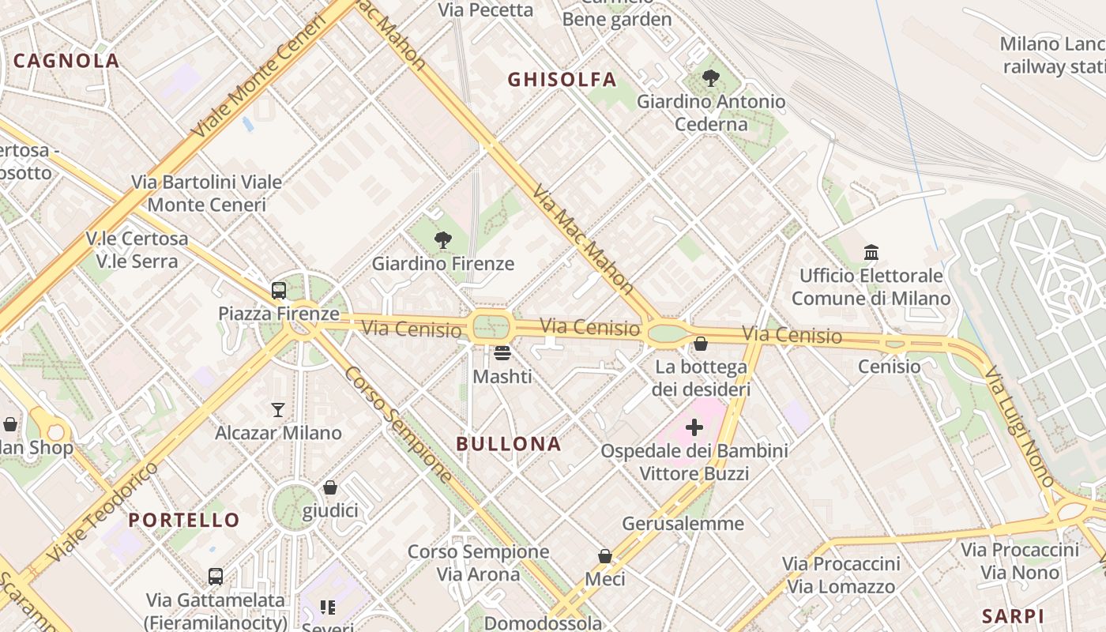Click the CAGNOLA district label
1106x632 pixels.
click(66, 61)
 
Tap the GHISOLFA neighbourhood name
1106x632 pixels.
click(562, 79)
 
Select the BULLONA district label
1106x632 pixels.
click(509, 444)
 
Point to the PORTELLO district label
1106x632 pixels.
click(184, 520)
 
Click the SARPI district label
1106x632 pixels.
click(1013, 616)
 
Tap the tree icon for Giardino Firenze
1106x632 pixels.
click(443, 240)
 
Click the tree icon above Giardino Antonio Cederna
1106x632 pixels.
click(711, 78)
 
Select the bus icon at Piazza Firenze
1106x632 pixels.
click(279, 290)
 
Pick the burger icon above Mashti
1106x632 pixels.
click(502, 353)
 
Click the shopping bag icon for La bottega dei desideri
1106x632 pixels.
click(701, 344)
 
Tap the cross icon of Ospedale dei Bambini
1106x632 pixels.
click(694, 427)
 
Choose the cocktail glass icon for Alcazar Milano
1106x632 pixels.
click(278, 409)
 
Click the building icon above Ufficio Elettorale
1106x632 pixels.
click(871, 252)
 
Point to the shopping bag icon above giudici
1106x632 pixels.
click(330, 487)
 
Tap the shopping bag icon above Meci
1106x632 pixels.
click(605, 556)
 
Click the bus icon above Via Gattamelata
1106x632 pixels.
click(216, 577)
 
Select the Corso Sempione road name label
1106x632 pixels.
click(399, 424)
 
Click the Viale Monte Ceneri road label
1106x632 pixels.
click(260, 77)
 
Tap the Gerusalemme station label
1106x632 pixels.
click(683, 524)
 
